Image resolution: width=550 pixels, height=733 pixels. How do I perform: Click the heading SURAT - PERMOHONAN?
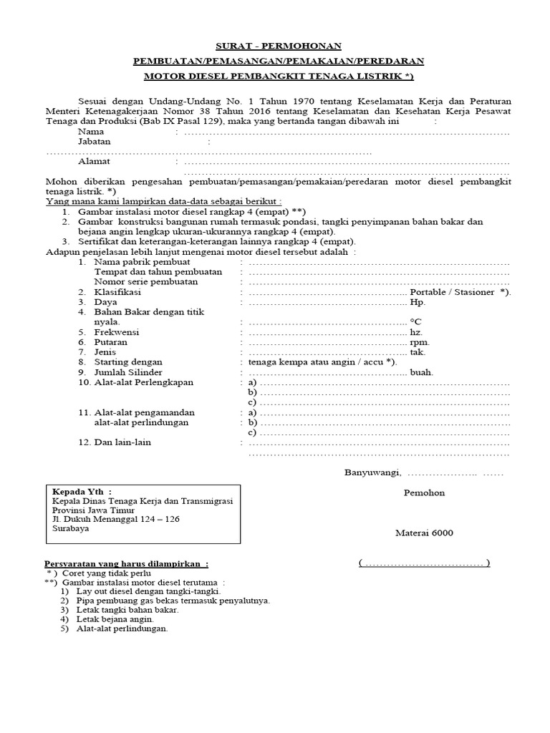click(275, 46)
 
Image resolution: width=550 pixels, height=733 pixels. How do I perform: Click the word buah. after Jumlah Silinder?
click(422, 372)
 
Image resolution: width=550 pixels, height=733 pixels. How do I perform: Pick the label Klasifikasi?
click(117, 292)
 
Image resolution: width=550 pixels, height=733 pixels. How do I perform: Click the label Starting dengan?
click(128, 362)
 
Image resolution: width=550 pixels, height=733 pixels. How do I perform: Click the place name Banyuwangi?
click(373, 472)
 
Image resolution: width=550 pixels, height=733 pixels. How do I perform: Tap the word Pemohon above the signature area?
click(424, 492)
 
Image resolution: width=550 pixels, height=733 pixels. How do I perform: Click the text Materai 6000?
click(424, 533)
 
